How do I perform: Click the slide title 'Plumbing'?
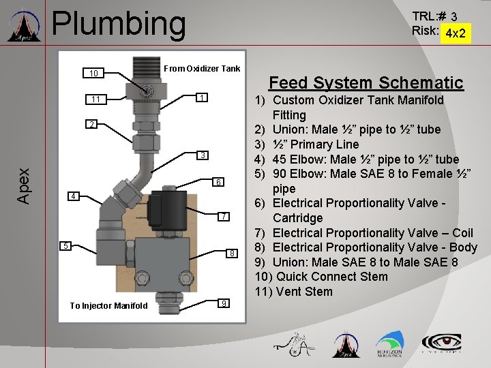(119, 24)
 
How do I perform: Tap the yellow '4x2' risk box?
(455, 33)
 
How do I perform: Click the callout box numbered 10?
(94, 73)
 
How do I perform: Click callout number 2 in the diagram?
(91, 124)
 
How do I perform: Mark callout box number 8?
(232, 253)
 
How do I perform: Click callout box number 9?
(224, 303)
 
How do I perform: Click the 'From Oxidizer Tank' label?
(202, 68)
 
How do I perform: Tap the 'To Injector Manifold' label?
(108, 305)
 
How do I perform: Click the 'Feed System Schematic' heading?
(366, 83)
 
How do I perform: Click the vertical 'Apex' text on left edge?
(24, 186)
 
